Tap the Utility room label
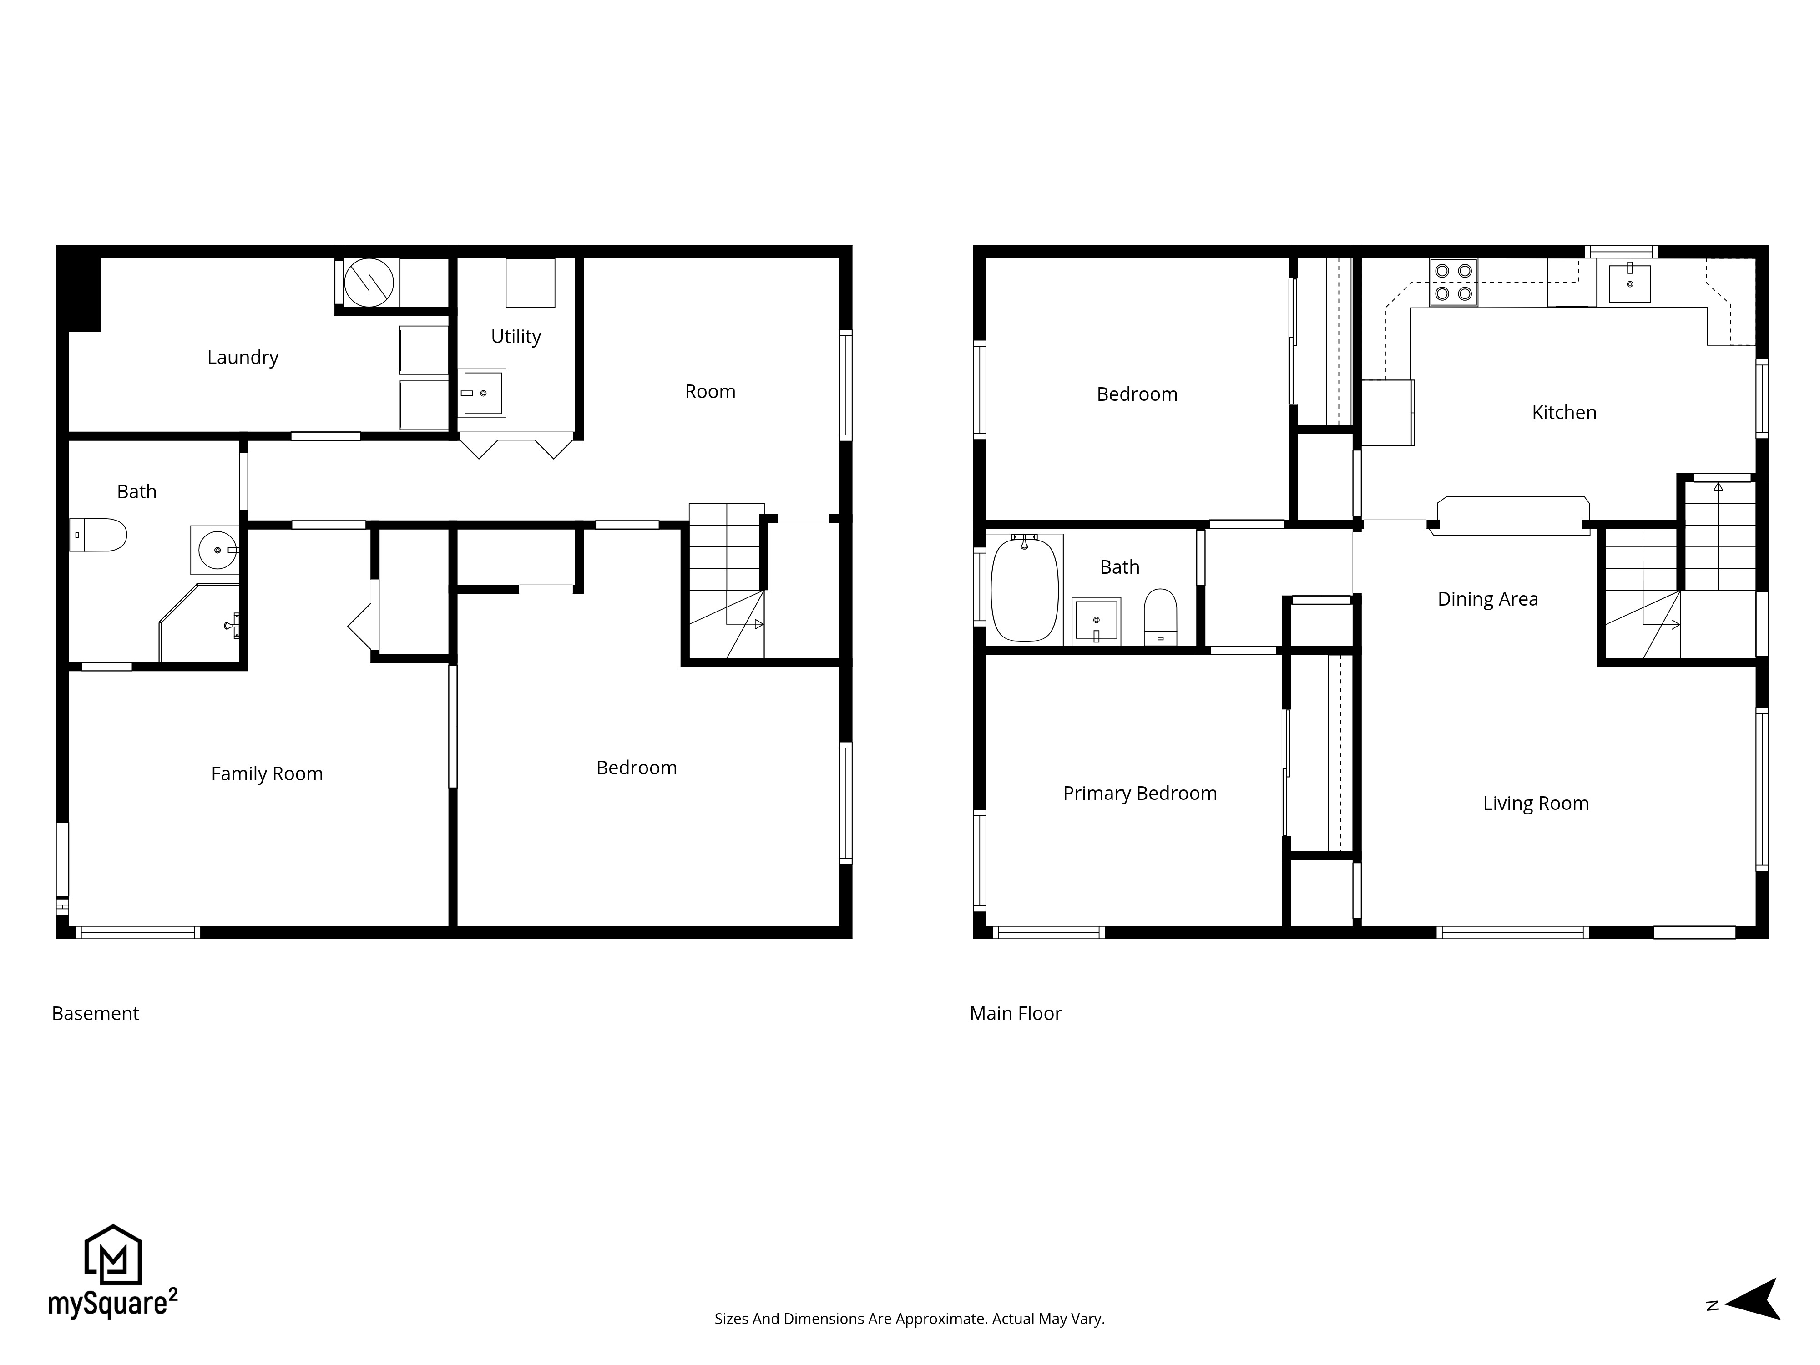coord(516,337)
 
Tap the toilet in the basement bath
coord(99,535)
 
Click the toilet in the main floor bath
coord(1160,617)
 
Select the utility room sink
coord(481,393)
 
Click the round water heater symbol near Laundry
coord(369,283)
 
